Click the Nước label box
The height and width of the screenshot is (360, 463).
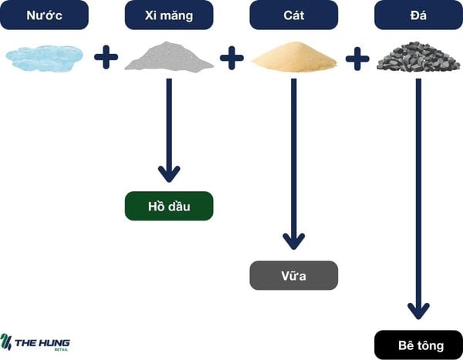[x=44, y=15]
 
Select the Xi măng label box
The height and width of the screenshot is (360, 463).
[x=168, y=15]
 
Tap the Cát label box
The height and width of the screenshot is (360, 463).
[x=293, y=15]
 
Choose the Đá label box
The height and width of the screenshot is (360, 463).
[x=417, y=15]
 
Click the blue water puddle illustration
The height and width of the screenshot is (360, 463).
[x=44, y=57]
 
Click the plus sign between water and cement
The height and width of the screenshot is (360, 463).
[x=106, y=58]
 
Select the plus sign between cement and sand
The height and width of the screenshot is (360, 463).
[x=231, y=58]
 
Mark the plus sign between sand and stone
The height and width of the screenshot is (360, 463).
[x=357, y=58]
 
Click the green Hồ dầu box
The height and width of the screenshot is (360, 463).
[x=168, y=206]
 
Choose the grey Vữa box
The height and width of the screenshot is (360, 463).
[x=293, y=275]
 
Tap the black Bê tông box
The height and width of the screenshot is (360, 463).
[x=417, y=345]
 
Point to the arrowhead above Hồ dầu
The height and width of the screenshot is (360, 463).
[x=168, y=173]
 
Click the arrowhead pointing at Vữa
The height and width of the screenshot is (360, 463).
[x=293, y=241]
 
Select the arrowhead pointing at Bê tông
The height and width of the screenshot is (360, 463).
[x=417, y=310]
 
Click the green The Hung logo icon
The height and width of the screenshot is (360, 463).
[x=8, y=341]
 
